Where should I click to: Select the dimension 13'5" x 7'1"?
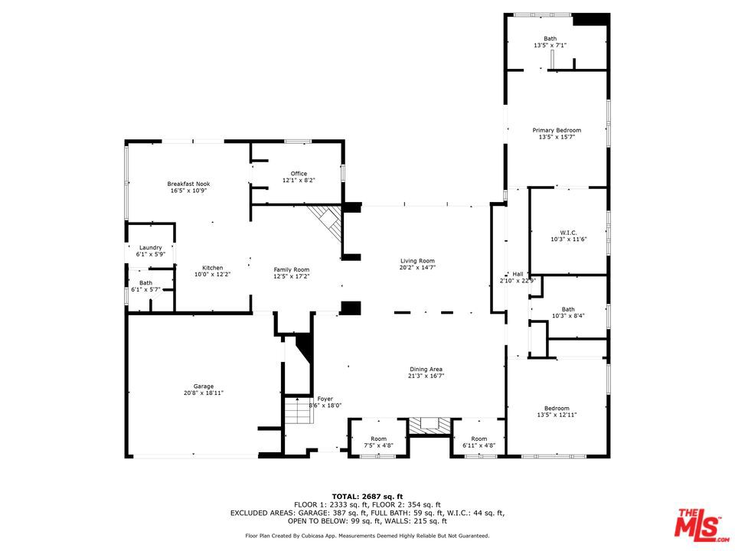point(550,45)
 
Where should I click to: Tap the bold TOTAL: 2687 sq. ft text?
point(367,497)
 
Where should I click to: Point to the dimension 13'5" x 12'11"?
point(557,415)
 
